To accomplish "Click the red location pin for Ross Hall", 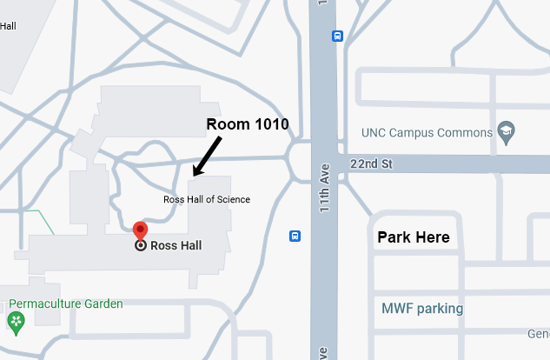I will (140, 230).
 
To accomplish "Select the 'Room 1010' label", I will (246, 124).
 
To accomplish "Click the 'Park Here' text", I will (413, 237).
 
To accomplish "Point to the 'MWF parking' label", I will (422, 308).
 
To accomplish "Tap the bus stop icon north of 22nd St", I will (337, 37).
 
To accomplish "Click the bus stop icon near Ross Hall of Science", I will (295, 236).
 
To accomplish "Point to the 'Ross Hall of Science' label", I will (207, 199).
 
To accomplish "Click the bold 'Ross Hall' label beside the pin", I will (176, 246).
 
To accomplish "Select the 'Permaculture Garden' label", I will (66, 304).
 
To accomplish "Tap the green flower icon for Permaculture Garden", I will (16, 322).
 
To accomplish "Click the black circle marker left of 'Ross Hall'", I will (140, 246).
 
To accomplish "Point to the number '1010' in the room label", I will (269, 124).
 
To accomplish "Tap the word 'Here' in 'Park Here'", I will (432, 237).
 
